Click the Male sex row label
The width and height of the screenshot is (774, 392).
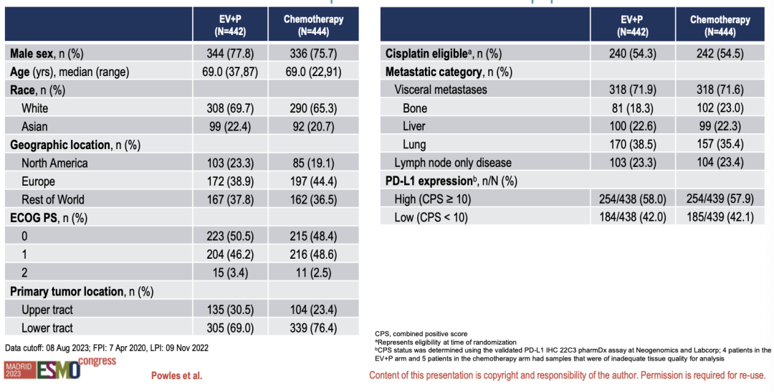coord(45,54)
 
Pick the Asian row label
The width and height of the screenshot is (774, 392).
coord(34,126)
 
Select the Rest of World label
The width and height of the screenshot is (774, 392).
coord(52,199)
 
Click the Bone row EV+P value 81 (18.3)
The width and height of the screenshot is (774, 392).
coord(634,108)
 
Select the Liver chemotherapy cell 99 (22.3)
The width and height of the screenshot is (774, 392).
coord(720,126)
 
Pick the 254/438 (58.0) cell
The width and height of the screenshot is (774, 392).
coord(634,199)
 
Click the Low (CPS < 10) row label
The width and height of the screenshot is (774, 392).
coord(431,217)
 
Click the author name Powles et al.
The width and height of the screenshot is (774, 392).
coord(176,376)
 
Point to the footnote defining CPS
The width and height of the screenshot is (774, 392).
coord(421,334)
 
